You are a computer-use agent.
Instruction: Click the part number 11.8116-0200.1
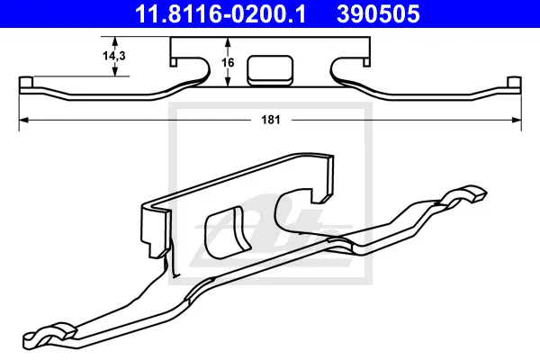220,13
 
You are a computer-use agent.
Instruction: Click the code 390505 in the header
378,13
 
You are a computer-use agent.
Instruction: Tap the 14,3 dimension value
114,56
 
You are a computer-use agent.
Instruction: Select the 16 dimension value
228,63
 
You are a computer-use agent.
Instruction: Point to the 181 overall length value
271,120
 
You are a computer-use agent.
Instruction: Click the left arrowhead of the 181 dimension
23,120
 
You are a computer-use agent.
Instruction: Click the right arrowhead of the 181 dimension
517,120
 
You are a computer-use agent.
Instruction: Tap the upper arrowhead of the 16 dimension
228,41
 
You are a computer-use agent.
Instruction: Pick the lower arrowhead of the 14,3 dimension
115,71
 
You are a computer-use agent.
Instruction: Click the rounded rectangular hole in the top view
270,70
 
